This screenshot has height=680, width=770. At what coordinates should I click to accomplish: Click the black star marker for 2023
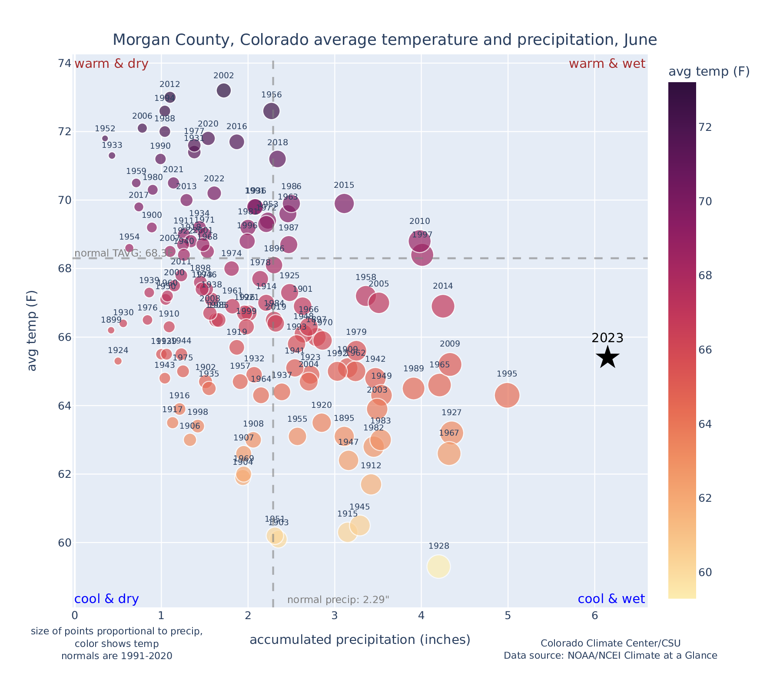[608, 357]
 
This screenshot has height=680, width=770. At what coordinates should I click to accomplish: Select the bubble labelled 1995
[507, 395]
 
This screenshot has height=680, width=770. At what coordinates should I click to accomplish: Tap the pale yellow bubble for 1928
[438, 567]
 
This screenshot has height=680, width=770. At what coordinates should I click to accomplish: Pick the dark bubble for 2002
[224, 90]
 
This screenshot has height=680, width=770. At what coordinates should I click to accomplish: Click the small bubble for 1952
[105, 138]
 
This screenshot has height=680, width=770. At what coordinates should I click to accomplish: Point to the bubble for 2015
[344, 203]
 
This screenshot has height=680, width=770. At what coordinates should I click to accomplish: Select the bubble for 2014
[443, 306]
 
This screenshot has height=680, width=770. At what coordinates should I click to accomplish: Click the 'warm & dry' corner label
[112, 64]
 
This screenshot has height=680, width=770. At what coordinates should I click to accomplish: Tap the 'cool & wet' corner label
[611, 599]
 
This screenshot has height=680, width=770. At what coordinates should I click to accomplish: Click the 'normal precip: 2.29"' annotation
[338, 600]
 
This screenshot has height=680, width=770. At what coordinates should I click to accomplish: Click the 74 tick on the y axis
[65, 63]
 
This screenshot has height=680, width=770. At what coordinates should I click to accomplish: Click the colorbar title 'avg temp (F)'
[709, 72]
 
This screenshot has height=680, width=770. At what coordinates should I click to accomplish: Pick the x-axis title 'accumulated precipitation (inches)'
[360, 640]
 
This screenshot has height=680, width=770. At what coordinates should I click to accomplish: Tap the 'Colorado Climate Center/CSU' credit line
[610, 643]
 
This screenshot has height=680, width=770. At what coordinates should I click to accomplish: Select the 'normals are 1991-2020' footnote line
[116, 656]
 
